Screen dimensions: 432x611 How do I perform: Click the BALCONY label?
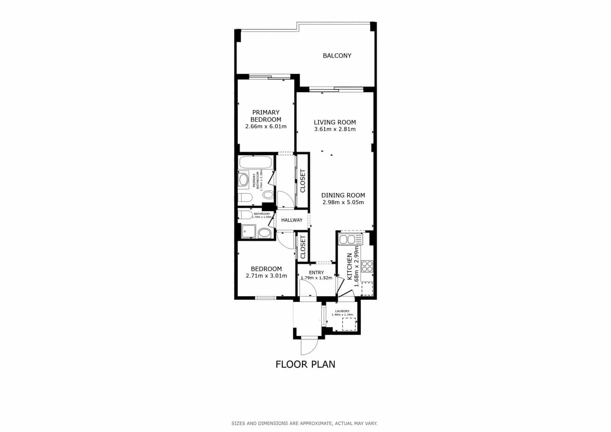tap(337, 56)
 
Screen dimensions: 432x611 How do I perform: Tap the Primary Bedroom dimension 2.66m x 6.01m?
tap(266, 126)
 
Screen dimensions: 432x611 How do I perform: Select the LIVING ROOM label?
tap(335, 122)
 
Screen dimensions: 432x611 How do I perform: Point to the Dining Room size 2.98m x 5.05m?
tap(343, 202)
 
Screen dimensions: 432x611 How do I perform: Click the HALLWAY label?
tap(292, 220)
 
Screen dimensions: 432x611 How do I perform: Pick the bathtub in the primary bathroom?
tap(256, 163)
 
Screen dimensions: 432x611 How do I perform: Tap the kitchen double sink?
tap(347, 240)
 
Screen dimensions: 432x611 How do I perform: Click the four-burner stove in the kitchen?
tap(367, 266)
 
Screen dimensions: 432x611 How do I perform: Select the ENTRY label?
tap(316, 272)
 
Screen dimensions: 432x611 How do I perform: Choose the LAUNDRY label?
tap(342, 311)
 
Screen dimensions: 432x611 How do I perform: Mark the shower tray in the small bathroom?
tap(248, 231)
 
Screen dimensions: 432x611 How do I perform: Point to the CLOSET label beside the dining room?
tap(303, 181)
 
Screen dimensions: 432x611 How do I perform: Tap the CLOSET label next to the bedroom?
tap(303, 247)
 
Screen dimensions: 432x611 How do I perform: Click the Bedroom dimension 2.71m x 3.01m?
tap(266, 276)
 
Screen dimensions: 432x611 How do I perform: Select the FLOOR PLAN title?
tap(305, 364)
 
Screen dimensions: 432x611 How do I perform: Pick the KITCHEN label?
tap(349, 267)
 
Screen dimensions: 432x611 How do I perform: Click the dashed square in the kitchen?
tap(367, 288)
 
